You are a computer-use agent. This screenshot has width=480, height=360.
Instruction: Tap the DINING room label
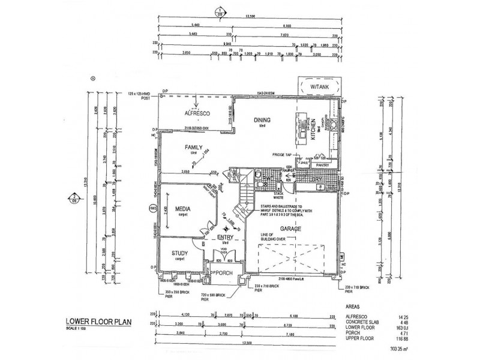(262, 119)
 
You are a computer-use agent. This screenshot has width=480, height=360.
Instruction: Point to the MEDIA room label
(182, 209)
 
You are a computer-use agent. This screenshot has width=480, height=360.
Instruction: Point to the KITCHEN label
(313, 130)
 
